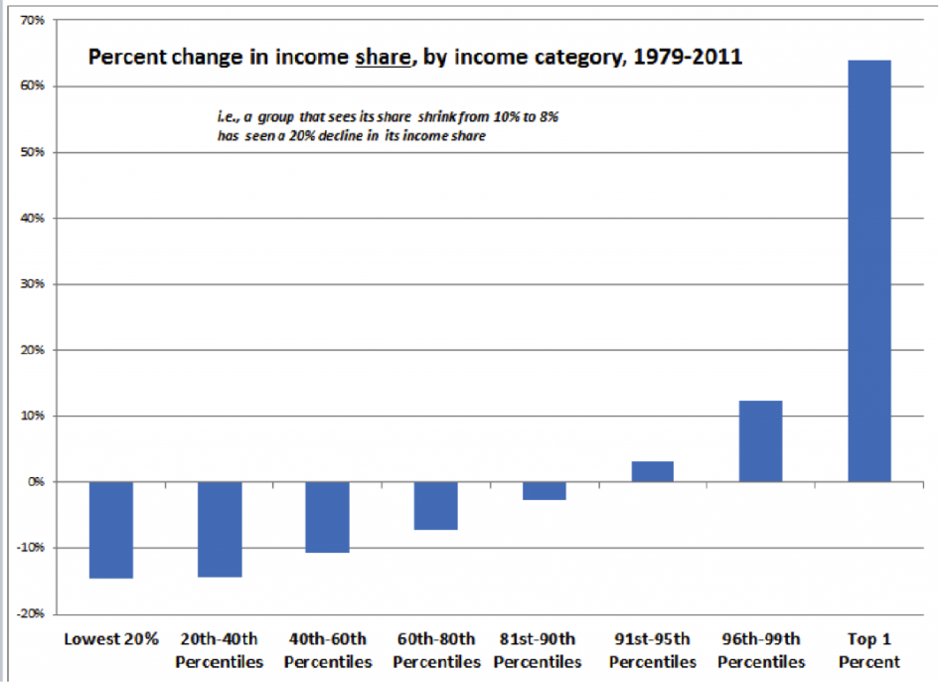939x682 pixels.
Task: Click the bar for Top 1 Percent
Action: [x=869, y=270]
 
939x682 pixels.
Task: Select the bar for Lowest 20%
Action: [x=110, y=529]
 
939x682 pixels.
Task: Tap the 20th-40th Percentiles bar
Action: [x=220, y=528]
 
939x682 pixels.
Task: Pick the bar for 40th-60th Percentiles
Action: [x=327, y=516]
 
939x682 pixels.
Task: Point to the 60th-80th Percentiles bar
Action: [x=435, y=505]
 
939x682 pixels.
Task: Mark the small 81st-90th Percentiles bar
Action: [x=544, y=490]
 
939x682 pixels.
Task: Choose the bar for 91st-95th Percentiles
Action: [x=652, y=471]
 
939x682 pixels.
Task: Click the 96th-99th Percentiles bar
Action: [x=760, y=440]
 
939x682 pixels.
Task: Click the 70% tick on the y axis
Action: [x=34, y=20]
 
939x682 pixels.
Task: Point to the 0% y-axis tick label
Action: [x=38, y=481]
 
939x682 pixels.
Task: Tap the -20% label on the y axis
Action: [x=31, y=613]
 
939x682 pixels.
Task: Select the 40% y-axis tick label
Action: [x=34, y=218]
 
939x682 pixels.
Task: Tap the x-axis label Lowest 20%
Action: [x=110, y=639]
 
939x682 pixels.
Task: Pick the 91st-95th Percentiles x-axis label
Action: [x=652, y=650]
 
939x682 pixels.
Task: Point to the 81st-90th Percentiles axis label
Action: [x=538, y=650]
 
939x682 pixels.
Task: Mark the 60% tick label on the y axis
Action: [x=34, y=85]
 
